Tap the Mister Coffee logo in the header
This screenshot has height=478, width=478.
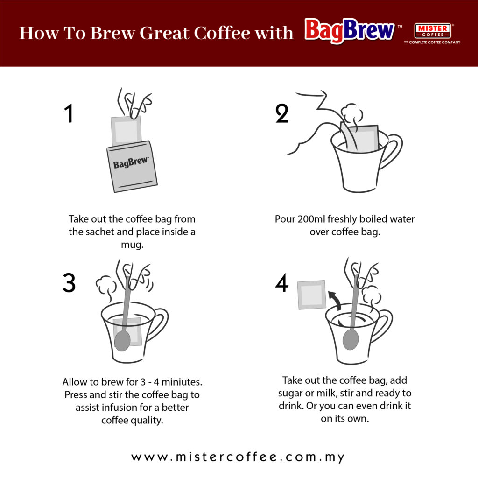pyautogui.click(x=432, y=31)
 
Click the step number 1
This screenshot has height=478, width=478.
pyautogui.click(x=69, y=114)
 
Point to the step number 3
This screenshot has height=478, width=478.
pyautogui.click(x=69, y=283)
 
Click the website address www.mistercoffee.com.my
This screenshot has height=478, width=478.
pyautogui.click(x=238, y=457)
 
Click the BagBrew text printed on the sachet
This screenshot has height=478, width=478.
pyautogui.click(x=131, y=163)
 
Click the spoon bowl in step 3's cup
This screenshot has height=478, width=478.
pyautogui.click(x=122, y=340)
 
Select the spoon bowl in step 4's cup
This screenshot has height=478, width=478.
pyautogui.click(x=350, y=339)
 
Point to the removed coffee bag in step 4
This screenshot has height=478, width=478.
pyautogui.click(x=311, y=295)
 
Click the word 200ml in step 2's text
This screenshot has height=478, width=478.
pyautogui.click(x=312, y=219)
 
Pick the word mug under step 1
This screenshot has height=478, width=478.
pyautogui.click(x=132, y=244)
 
